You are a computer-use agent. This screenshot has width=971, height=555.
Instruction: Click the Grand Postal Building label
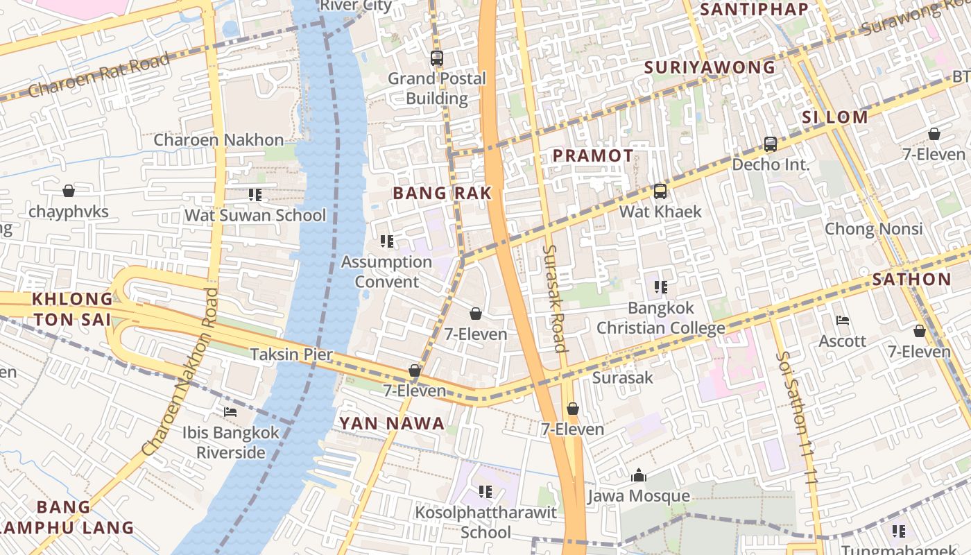(436, 88)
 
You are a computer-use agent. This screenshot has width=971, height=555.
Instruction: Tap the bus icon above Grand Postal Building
(436, 58)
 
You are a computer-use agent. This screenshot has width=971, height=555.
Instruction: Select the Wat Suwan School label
(255, 215)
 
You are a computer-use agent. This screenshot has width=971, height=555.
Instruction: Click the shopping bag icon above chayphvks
(69, 191)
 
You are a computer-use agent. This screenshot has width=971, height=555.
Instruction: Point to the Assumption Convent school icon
(387, 241)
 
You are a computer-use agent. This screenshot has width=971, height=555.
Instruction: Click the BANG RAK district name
(442, 194)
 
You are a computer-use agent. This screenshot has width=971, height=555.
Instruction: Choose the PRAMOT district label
(593, 156)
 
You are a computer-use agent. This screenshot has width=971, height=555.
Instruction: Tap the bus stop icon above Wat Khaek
(660, 191)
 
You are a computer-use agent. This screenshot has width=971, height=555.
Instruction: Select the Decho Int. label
(771, 164)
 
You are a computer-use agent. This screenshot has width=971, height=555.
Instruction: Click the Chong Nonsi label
(873, 229)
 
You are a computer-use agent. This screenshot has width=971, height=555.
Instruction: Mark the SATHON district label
(911, 280)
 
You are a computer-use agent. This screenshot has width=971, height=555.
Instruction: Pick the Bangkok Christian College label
(660, 317)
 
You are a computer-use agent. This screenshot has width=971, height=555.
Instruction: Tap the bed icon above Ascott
(843, 321)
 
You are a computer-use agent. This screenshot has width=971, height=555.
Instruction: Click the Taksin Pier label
(291, 355)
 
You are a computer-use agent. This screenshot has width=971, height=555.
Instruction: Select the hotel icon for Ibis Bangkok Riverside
(230, 412)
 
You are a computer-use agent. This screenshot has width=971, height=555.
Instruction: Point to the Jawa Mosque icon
(639, 475)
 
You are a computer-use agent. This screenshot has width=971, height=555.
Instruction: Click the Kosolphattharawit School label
(486, 522)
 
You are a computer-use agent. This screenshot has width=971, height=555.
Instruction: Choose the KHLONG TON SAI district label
(72, 309)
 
